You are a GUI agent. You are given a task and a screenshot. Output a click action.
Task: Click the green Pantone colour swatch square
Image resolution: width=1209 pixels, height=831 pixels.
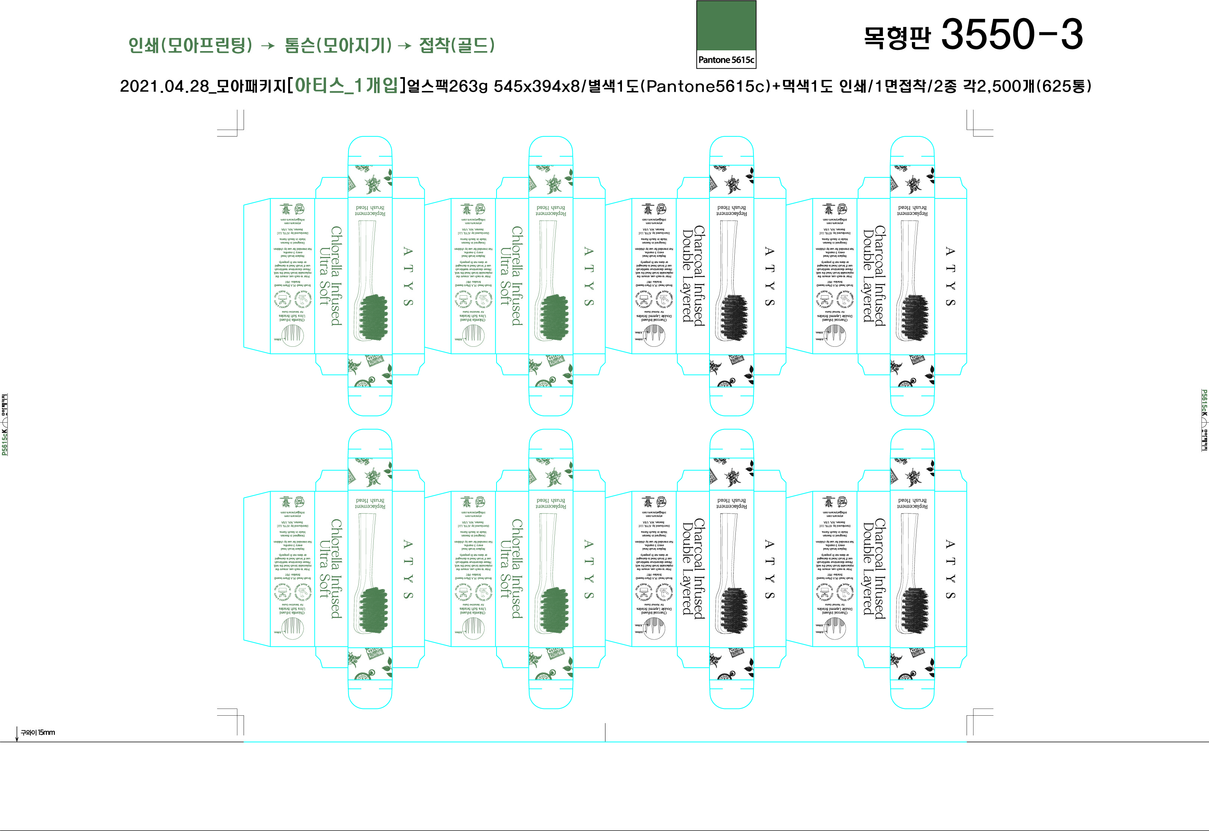(726, 26)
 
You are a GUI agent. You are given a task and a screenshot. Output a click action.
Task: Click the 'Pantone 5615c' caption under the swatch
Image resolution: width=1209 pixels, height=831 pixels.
(726, 60)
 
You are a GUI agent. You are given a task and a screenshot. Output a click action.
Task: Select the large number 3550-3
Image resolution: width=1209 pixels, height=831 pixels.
(1012, 35)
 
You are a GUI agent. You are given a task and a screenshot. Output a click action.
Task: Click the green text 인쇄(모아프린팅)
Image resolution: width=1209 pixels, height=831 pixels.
(190, 45)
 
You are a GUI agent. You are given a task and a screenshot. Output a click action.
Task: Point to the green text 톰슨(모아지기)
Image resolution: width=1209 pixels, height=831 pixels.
(338, 45)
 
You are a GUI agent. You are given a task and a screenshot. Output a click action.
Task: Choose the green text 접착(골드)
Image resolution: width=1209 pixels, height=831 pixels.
(456, 45)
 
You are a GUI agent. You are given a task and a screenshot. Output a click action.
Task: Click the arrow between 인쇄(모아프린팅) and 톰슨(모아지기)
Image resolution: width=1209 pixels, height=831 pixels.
(267, 46)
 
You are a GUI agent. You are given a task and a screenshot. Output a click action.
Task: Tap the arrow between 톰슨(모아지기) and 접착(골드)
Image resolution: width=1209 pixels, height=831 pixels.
(405, 46)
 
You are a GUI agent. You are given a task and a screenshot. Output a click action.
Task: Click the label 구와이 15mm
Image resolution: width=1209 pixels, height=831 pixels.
(38, 733)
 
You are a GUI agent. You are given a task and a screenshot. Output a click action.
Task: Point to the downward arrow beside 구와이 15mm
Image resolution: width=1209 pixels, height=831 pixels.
(17, 734)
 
